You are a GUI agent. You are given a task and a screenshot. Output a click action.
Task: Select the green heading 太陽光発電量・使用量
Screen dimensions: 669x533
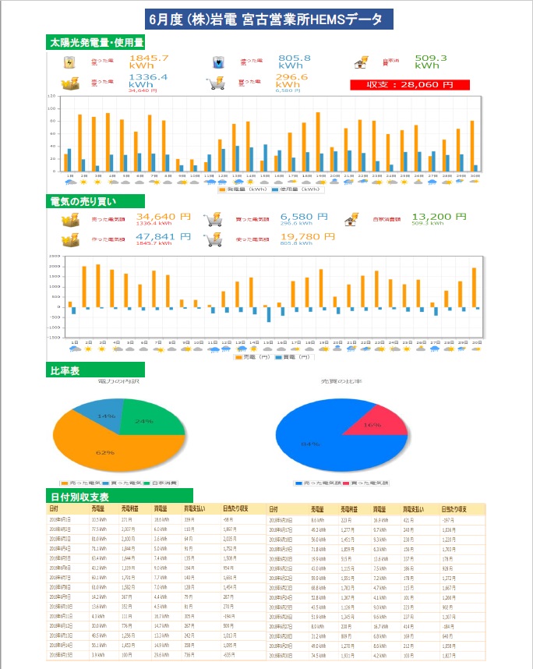coord(96,42)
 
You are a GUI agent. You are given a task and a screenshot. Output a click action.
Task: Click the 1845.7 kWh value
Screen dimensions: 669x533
coord(148,62)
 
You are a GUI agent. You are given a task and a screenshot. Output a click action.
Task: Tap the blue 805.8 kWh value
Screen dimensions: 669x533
coord(295,62)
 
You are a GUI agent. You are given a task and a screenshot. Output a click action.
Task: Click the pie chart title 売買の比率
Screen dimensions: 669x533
coord(342,381)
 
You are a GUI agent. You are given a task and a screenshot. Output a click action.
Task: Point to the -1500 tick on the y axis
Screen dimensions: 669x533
coord(55,338)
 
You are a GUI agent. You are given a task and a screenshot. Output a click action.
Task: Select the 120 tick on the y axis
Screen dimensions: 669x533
coord(51,96)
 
